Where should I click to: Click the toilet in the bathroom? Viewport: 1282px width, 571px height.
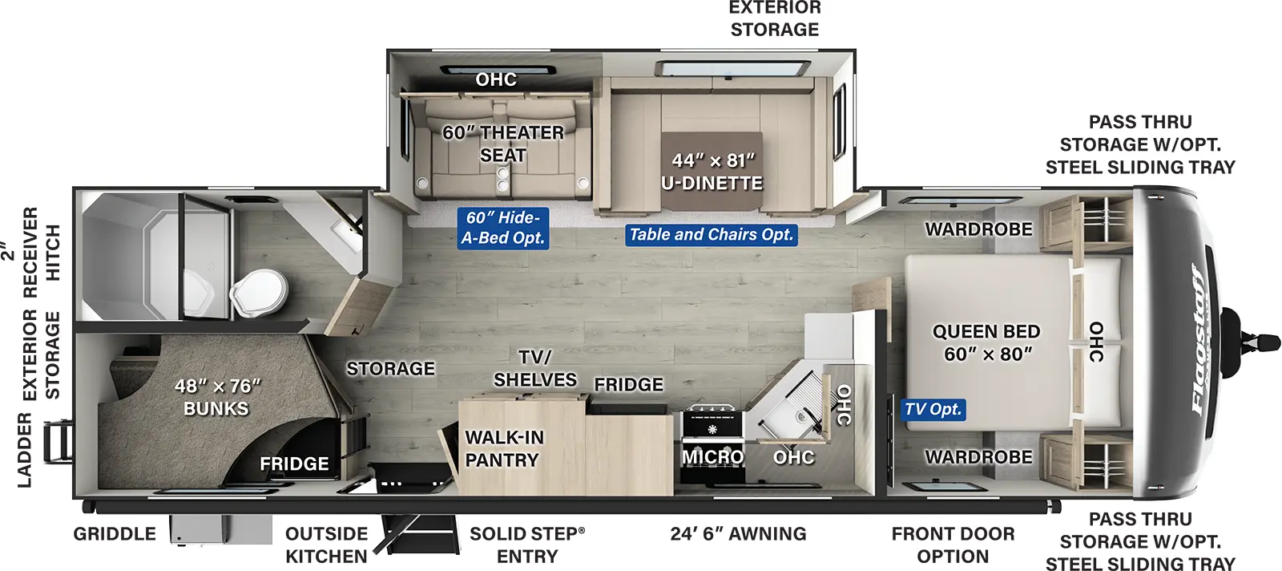259,292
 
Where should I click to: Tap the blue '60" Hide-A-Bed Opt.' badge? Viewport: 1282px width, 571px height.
503,228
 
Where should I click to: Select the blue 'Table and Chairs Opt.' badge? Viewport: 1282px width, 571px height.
711,235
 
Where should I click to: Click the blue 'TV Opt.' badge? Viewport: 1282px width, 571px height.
933,410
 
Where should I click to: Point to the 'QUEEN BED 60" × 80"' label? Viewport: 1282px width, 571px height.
986,342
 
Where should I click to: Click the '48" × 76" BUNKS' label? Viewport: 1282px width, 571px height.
217,397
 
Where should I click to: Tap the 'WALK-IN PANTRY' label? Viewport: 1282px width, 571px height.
504,448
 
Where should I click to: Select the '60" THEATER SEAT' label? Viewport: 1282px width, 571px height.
503,144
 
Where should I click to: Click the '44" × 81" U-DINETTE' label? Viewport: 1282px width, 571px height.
712,172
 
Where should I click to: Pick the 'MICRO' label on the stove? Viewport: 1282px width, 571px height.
712,456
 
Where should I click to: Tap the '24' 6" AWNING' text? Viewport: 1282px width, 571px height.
738,534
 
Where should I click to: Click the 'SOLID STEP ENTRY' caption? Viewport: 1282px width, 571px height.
527,545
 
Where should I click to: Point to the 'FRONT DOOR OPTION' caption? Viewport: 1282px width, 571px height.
953,545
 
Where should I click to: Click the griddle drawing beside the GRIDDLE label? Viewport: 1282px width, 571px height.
221,530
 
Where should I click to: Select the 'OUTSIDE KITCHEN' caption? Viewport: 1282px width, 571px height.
326,545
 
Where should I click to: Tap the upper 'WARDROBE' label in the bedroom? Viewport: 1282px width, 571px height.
978,229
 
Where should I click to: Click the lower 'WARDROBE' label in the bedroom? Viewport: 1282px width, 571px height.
978,457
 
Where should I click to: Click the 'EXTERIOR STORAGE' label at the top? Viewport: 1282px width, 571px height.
775,18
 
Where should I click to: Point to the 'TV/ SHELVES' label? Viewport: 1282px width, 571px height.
535,368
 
